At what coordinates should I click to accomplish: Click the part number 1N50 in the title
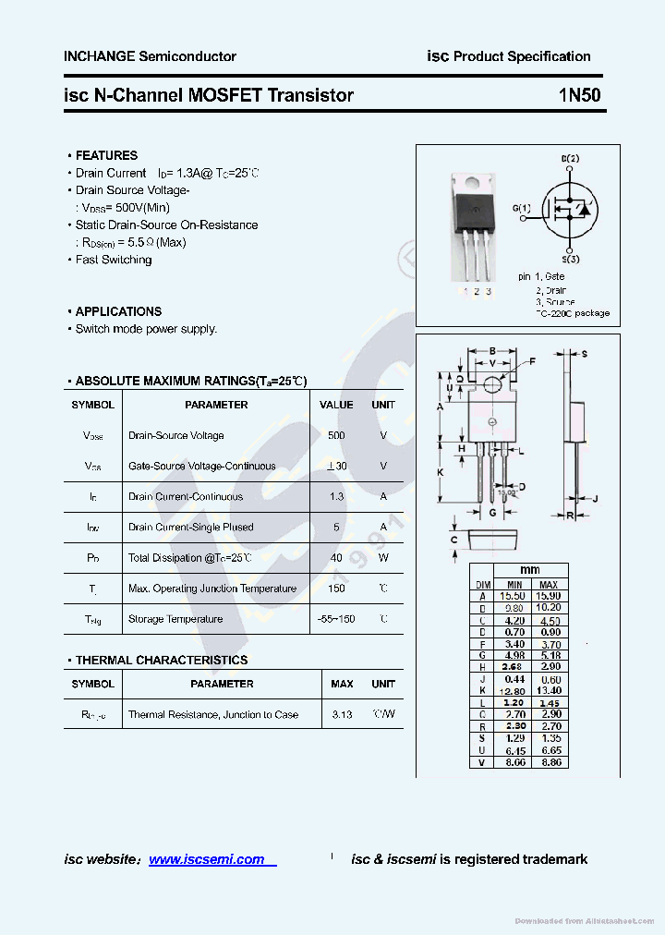tap(579, 95)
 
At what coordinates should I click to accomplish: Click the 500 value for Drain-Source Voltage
tap(336, 435)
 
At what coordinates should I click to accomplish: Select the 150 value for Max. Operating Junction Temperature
tap(336, 589)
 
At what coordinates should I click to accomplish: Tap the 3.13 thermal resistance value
tap(342, 714)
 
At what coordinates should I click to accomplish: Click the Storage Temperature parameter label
tap(175, 619)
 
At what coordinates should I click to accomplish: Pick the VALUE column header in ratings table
tap(336, 405)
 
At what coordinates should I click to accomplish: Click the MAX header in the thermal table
tap(342, 684)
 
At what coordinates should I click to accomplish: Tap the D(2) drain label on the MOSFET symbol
tap(571, 159)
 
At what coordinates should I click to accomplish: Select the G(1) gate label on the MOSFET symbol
tap(522, 208)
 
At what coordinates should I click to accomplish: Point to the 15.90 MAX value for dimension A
tap(549, 596)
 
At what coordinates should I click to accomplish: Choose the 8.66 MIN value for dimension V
tap(514, 762)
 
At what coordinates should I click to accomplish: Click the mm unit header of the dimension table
tap(530, 570)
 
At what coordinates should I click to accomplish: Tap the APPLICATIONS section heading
tap(118, 311)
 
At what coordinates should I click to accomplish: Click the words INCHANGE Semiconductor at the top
tap(150, 56)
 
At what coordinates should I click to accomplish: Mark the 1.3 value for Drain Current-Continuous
tap(336, 497)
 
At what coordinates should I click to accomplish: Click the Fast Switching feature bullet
tap(113, 260)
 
